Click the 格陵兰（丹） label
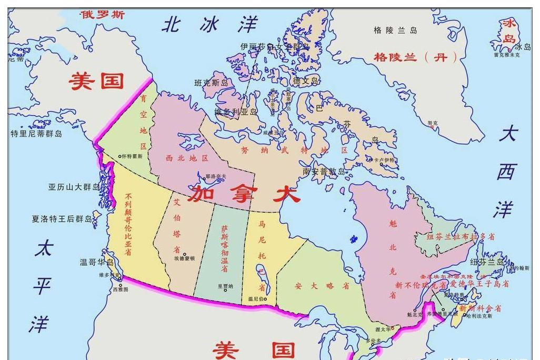[416, 57]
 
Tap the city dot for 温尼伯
[265, 299]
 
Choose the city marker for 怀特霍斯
[121, 156]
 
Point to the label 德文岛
[306, 81]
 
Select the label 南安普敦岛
[323, 172]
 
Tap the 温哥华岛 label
[96, 262]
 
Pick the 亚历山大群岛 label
[74, 187]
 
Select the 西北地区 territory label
[187, 158]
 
